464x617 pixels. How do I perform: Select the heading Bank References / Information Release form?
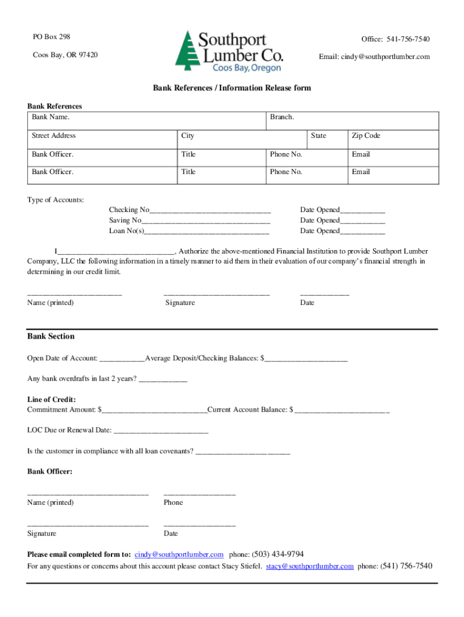pos(231,88)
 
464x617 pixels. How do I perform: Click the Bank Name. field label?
pos(51,117)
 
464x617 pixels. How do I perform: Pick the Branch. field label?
pos(282,117)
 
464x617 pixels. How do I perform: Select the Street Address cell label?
pos(54,136)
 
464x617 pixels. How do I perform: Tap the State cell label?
pos(319,136)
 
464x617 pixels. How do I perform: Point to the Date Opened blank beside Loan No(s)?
pos(362,232)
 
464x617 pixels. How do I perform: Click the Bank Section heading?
pos(51,336)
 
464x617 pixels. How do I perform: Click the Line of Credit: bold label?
pos(51,399)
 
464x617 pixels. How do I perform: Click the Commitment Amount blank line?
pos(154,411)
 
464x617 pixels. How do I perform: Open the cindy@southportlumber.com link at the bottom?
pos(179,554)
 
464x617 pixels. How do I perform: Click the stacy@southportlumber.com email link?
pos(310,566)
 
